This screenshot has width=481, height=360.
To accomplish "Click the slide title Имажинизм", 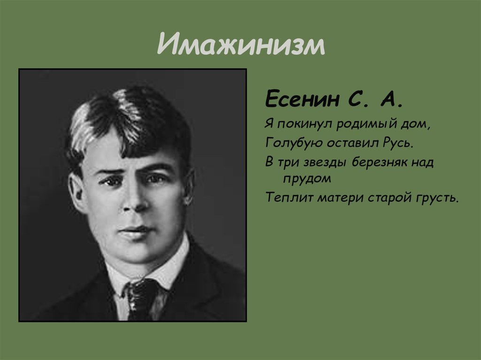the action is point(241,46).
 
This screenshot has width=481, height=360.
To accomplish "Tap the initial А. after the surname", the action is point(391,100).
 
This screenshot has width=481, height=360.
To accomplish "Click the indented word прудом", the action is point(307,178).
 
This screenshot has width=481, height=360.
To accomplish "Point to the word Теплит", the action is point(289,197).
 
